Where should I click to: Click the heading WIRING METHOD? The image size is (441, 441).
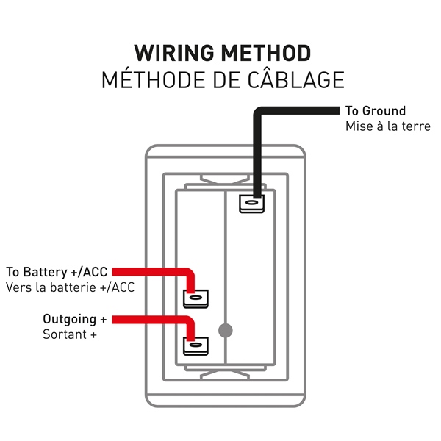(x=222, y=53)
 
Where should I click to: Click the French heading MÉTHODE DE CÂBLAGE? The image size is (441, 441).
(x=222, y=79)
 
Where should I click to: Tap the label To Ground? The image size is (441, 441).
(x=375, y=111)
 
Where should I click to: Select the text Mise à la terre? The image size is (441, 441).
(x=387, y=126)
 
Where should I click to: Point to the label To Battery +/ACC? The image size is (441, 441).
(x=57, y=272)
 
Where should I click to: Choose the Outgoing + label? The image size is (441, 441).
(x=74, y=320)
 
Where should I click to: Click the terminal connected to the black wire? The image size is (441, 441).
(x=251, y=202)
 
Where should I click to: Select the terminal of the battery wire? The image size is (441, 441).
(x=195, y=298)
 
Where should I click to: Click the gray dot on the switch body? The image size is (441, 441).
(x=226, y=331)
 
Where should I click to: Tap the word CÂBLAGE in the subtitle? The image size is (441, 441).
(x=301, y=79)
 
